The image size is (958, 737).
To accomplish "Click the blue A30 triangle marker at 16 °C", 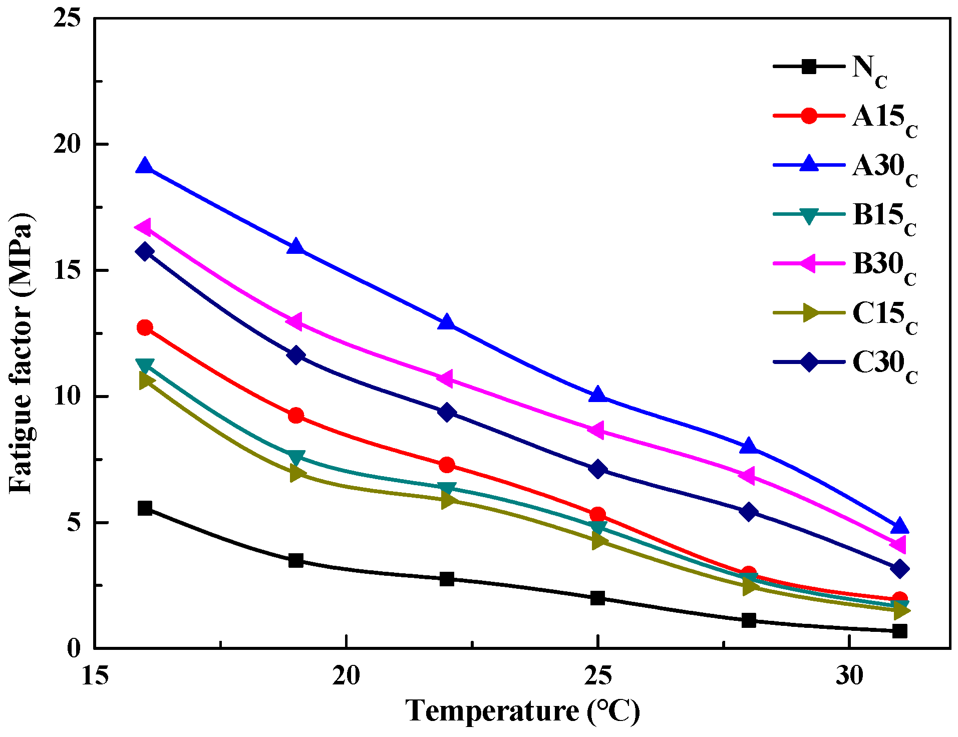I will pos(145,165).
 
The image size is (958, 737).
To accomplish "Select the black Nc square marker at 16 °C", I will pos(145,508).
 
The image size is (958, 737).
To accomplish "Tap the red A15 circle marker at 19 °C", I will pos(296,415).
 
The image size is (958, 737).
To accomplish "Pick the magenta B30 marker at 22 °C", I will pos(446,378).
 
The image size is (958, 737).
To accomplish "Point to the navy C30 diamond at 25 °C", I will pos(597,469).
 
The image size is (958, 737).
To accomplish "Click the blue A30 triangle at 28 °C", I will pos(749,445).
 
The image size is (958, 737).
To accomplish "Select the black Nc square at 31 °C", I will pos(900,631).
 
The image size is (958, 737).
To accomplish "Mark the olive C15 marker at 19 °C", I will pos(297,473).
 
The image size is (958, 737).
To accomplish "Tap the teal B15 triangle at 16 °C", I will pos(145,365).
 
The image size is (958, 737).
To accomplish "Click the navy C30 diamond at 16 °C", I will pos(145,251).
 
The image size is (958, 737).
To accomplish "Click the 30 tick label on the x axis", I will pos(849,676).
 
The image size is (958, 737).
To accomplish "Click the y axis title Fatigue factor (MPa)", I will pos(21,353).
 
